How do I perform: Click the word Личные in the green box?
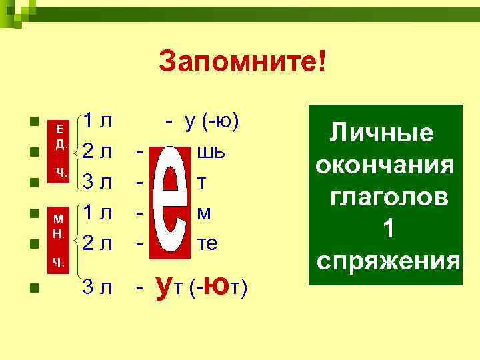point(382,133)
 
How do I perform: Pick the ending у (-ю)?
point(203,122)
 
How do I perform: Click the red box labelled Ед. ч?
point(60,151)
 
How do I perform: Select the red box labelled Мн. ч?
point(60,237)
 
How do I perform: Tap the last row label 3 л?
point(97,287)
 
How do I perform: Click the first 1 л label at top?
point(97,122)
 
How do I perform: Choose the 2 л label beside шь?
point(97,153)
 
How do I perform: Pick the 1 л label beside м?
point(97,214)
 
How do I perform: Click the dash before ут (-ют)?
point(139,288)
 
